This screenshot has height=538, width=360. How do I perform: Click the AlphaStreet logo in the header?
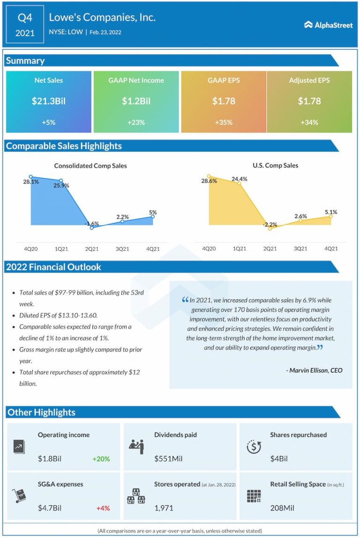[x=329, y=25]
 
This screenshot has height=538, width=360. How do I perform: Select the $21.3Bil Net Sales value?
[x=48, y=101]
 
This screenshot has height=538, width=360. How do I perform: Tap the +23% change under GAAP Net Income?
[x=136, y=122]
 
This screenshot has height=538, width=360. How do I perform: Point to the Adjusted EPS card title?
[x=309, y=80]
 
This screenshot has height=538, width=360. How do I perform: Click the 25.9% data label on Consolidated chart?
[x=61, y=186]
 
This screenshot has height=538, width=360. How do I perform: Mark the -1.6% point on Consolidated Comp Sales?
[x=92, y=227]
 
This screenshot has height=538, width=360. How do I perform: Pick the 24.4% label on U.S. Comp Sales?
[x=239, y=179]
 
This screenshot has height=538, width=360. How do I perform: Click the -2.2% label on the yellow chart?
[x=270, y=225]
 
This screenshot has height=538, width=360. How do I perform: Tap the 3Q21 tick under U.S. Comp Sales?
[x=300, y=249]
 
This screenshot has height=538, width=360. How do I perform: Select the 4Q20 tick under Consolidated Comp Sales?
[x=30, y=249]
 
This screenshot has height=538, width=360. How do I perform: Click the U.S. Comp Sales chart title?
[x=275, y=165]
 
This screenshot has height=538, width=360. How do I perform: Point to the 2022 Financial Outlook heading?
[x=53, y=267]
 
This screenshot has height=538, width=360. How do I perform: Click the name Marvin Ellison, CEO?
[x=314, y=370]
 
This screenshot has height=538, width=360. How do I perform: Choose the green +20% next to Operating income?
[x=102, y=459]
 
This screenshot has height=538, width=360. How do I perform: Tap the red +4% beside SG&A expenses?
[x=103, y=508]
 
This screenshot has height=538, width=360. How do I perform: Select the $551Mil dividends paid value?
[x=168, y=459]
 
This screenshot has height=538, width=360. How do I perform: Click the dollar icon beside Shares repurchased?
[x=254, y=447]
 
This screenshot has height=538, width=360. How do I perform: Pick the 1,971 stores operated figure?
[x=164, y=508]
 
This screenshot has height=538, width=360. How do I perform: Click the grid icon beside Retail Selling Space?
[x=254, y=496]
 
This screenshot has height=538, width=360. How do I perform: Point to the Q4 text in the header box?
[x=25, y=18]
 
